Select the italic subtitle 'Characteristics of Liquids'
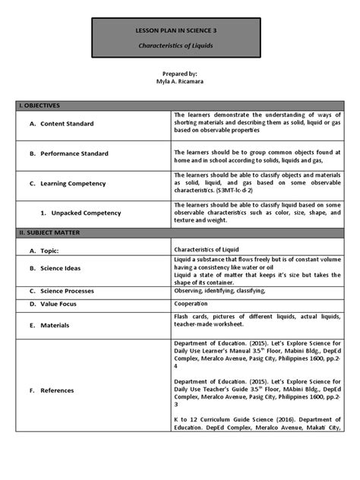coord(180,46)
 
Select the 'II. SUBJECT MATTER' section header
coord(52,232)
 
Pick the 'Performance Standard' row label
coord(74,153)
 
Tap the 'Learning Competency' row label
coord(73,183)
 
